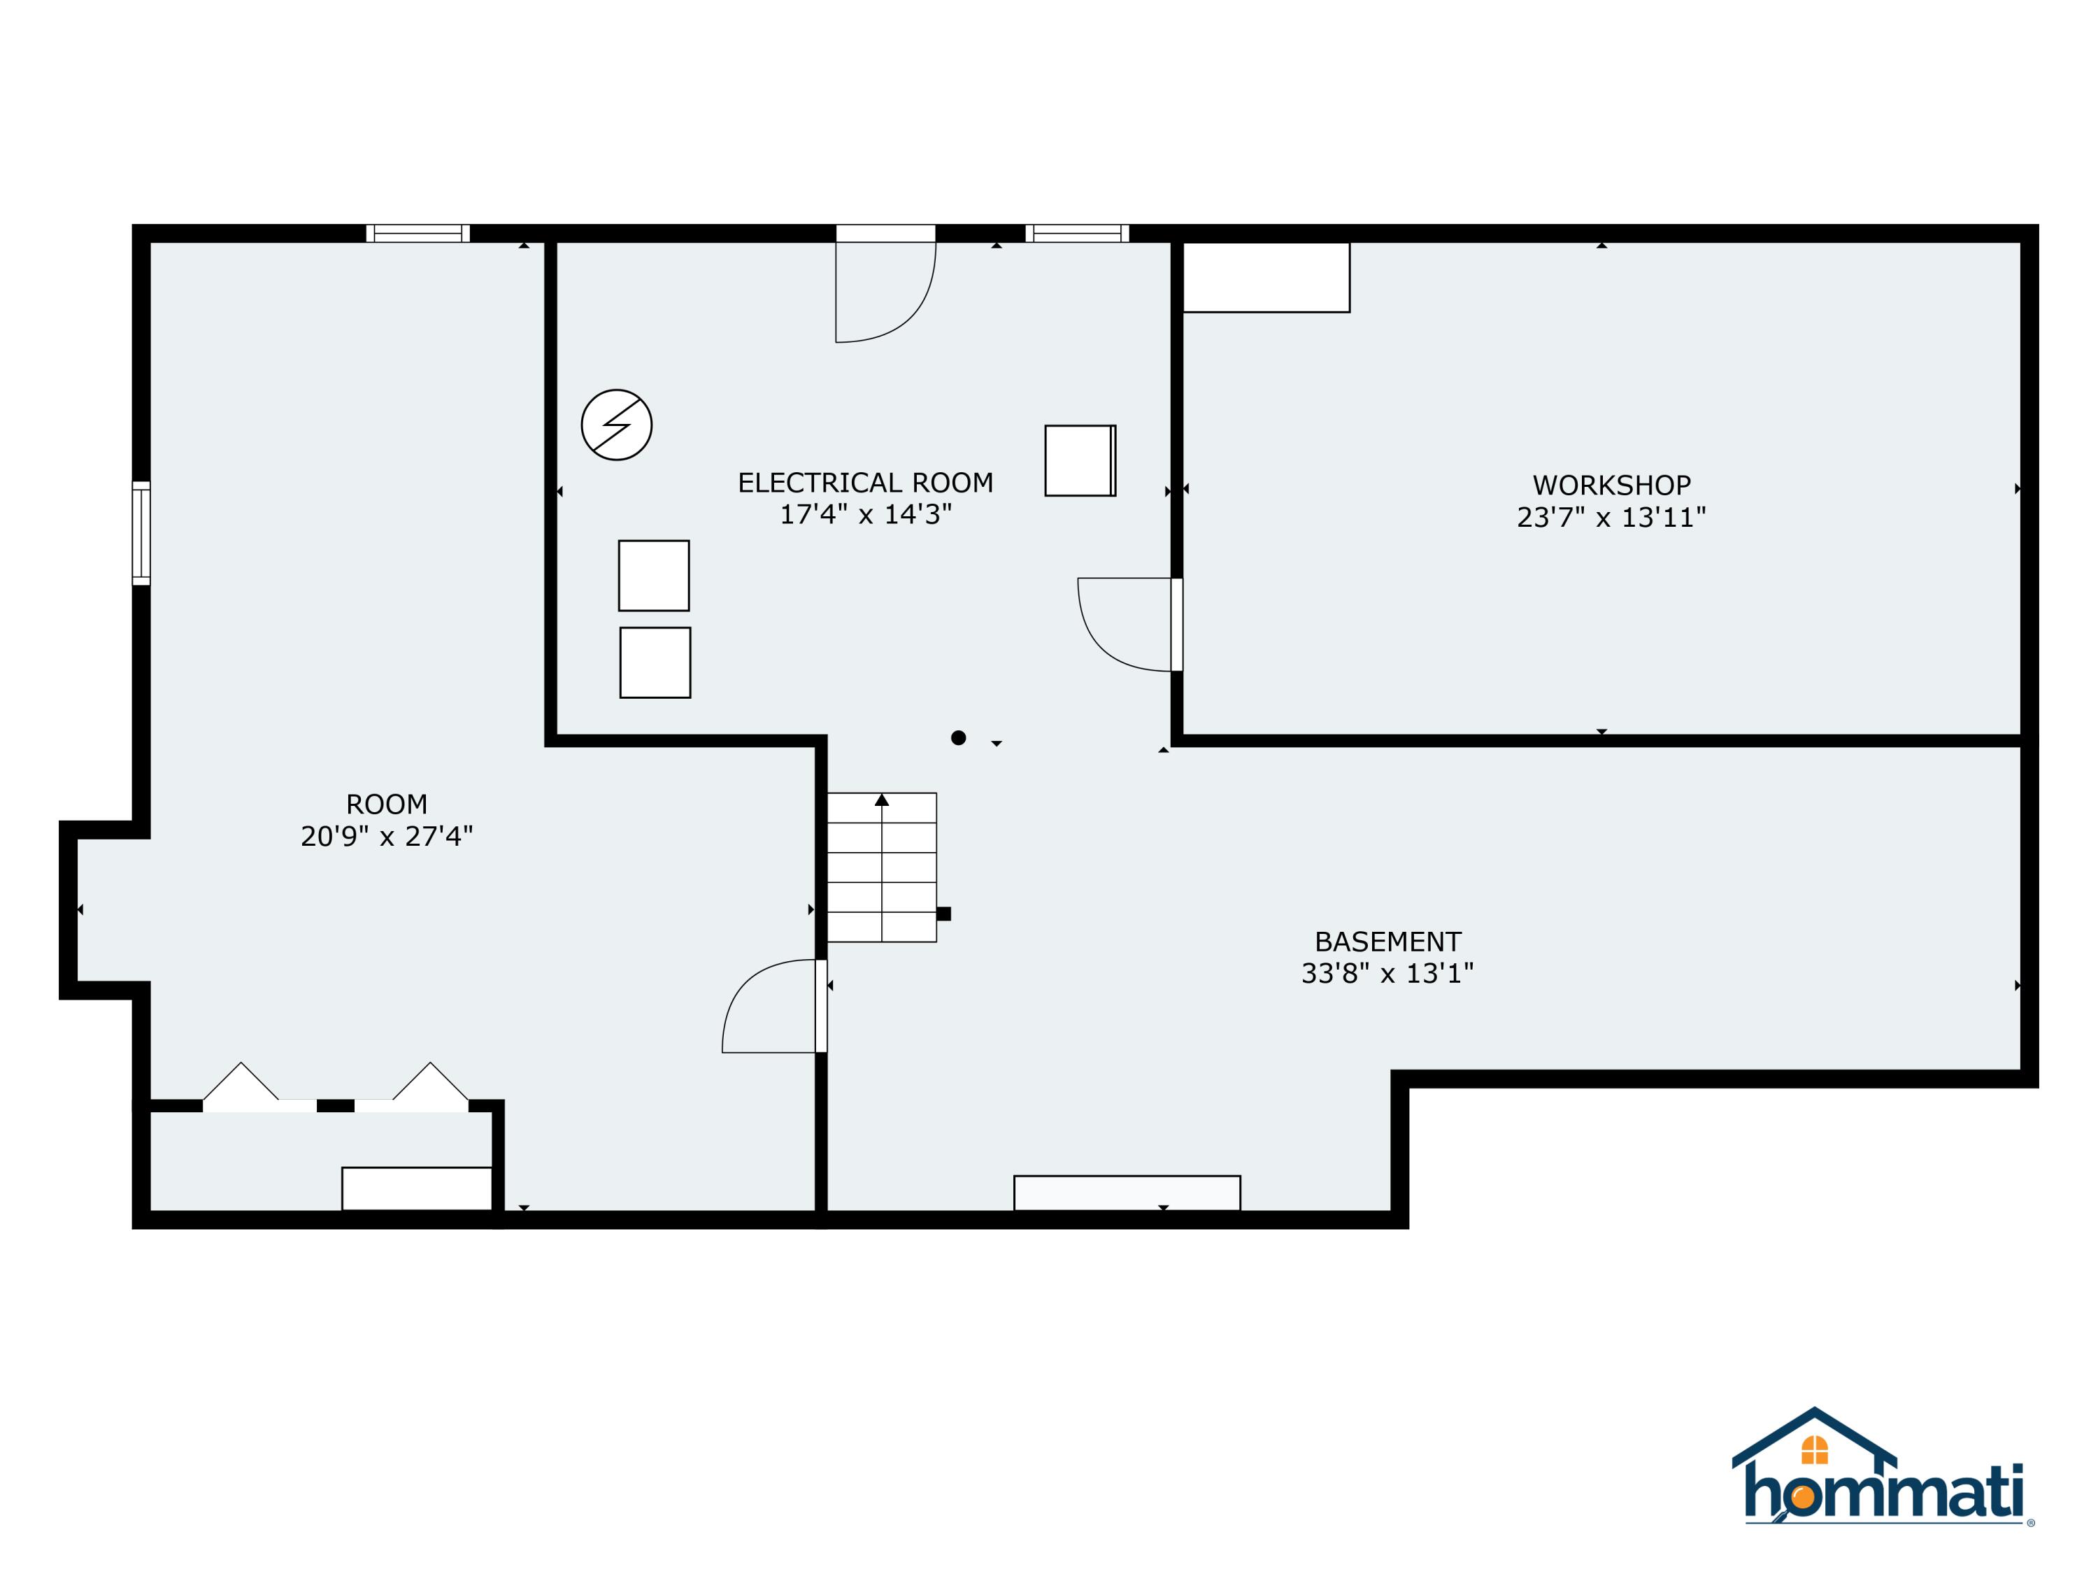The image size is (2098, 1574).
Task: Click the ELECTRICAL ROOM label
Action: point(865,483)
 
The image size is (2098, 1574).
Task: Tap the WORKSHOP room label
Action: point(1611,485)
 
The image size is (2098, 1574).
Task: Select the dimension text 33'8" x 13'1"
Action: point(1387,974)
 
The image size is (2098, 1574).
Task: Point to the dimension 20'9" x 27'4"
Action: point(386,836)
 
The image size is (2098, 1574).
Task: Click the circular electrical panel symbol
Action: point(617,425)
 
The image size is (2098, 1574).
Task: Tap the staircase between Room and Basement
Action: point(881,867)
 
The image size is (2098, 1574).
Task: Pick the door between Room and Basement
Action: point(773,1006)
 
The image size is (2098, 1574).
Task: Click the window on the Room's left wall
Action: point(141,533)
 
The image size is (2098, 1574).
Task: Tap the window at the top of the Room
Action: point(418,234)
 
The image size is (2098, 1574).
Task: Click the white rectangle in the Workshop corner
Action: point(1265,277)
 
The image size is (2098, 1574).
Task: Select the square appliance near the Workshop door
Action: point(1079,460)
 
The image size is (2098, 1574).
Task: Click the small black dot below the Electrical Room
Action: point(958,737)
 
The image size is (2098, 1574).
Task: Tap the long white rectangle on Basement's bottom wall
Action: point(1127,1193)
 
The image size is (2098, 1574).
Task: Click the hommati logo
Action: point(1883,1480)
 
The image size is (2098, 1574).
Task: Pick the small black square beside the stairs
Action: point(943,914)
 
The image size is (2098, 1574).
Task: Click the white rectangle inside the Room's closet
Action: point(416,1188)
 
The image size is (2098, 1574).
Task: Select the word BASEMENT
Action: point(1387,942)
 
